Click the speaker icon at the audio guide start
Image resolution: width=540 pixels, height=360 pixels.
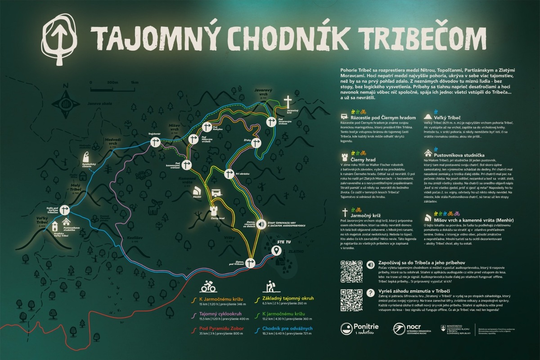tap(261, 224)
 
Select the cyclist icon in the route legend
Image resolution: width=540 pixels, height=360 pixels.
tap(207, 286)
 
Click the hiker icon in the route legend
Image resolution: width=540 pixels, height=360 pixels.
tap(270, 286)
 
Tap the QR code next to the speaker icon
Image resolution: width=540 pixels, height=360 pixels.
tap(351, 271)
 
